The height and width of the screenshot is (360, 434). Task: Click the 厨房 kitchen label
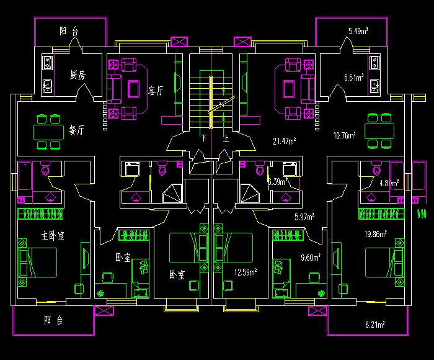[x=77, y=75]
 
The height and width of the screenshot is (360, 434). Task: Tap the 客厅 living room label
[x=156, y=91]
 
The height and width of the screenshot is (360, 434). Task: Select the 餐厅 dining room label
[x=76, y=130]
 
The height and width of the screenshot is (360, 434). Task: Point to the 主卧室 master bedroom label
[x=54, y=236]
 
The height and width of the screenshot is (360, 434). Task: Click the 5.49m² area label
[x=358, y=30]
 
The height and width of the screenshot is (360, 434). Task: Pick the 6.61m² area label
[x=354, y=78]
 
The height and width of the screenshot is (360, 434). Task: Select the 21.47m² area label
[x=284, y=141]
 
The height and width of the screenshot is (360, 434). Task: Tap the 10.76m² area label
[x=344, y=135]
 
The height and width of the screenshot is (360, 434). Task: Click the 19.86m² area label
[x=376, y=234]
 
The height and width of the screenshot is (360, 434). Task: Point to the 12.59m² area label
[x=246, y=271]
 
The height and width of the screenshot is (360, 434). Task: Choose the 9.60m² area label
[x=311, y=258]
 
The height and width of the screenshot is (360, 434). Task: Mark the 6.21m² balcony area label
[x=375, y=325]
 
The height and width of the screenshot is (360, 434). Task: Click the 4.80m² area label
[x=389, y=183]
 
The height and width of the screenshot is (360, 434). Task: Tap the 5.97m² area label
[x=304, y=217]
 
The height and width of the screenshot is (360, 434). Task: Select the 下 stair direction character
[x=203, y=138]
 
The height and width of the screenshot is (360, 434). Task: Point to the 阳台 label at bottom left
[x=54, y=321]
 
